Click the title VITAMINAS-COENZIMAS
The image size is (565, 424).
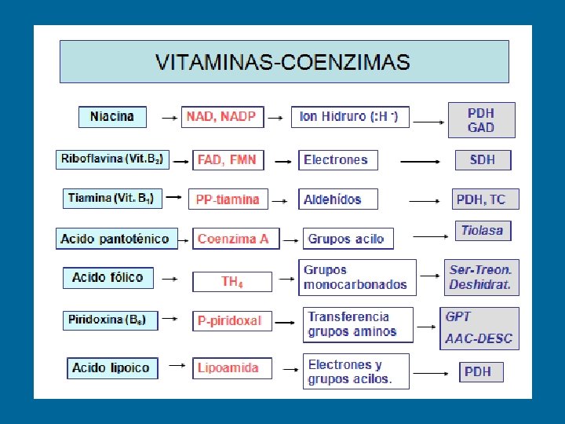[x=282, y=62]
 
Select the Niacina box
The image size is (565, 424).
[x=112, y=116]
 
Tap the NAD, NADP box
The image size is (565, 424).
[x=221, y=116]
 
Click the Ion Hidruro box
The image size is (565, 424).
[x=349, y=116]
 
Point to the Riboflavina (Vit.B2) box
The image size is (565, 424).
[x=112, y=159]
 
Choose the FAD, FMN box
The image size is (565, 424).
[x=227, y=160]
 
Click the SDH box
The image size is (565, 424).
[x=483, y=160]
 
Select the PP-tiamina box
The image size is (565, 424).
[x=228, y=199]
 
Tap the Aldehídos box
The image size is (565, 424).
[x=337, y=199]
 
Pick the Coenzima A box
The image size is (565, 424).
[x=233, y=239]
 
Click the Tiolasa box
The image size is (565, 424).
[x=483, y=231]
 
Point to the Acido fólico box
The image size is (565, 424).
[x=108, y=277]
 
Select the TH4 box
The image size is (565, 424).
[x=232, y=281]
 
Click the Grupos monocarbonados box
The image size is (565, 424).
[x=358, y=277]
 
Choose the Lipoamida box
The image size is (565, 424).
[x=229, y=367]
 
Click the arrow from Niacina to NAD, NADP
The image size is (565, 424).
[x=168, y=118]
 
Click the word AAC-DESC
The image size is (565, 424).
[x=479, y=339]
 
